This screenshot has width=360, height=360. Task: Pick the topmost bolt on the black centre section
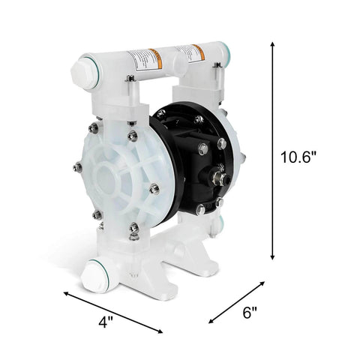pos(198,118)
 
